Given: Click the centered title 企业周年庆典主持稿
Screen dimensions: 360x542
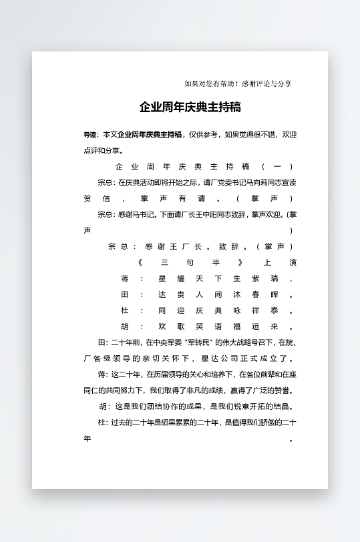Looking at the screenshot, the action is point(190,107).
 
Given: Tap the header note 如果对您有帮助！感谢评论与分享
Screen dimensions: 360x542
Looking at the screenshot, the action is point(237,83).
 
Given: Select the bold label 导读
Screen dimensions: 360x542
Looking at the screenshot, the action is point(90,135).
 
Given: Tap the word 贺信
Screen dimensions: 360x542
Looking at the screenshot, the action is point(97,198).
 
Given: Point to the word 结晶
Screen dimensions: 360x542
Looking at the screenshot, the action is point(283,406).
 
